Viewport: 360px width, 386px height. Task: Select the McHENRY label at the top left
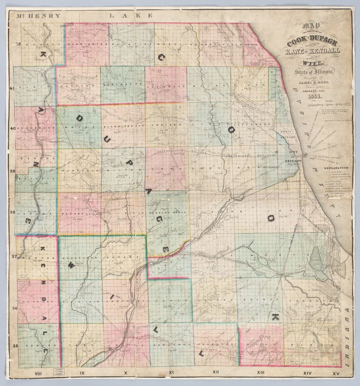tap(38, 16)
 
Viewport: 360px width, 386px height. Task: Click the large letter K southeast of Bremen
tap(275, 317)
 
